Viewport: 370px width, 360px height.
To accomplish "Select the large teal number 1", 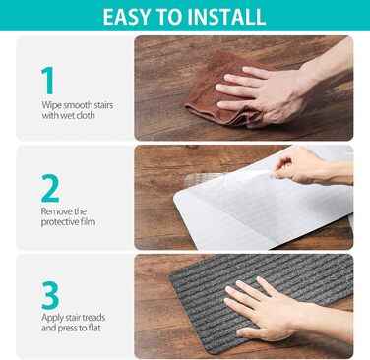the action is (x=47, y=81).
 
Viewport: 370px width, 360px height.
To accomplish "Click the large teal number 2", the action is (x=50, y=188).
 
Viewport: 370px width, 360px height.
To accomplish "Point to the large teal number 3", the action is (x=50, y=295).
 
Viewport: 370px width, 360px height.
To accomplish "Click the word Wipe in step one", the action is (x=51, y=105).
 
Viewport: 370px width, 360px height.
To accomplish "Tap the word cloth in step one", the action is (x=86, y=115).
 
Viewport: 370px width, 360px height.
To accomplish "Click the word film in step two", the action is (x=88, y=221).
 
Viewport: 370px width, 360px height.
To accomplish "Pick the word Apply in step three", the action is (x=52, y=318).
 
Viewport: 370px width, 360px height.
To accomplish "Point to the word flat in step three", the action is (x=93, y=328).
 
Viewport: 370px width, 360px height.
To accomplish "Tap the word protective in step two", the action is (x=59, y=222).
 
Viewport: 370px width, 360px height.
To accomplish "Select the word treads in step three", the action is (x=93, y=318).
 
